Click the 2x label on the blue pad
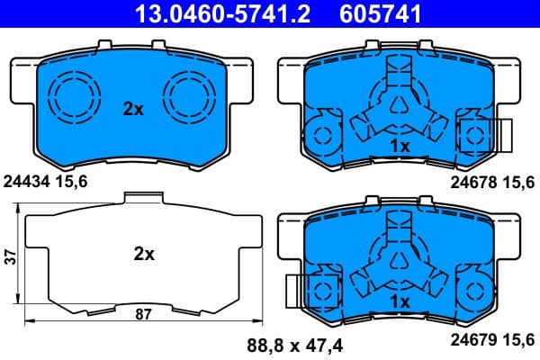133,109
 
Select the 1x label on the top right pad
400,145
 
